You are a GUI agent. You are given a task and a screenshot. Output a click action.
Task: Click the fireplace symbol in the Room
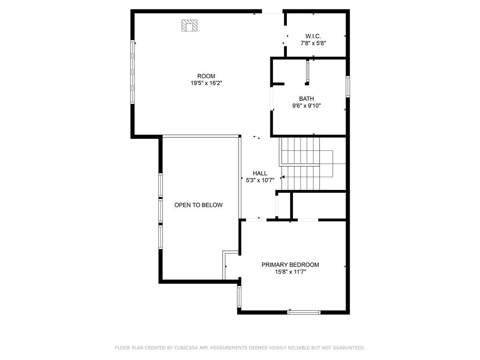click(189, 25)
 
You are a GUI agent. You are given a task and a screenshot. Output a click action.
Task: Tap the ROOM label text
click(206, 76)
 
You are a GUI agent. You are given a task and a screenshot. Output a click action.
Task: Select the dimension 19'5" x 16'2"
click(206, 83)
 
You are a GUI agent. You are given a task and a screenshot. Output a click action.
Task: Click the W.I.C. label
click(313, 36)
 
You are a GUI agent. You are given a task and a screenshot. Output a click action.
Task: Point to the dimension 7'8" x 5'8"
click(313, 43)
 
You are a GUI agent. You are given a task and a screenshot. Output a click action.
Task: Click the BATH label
click(307, 99)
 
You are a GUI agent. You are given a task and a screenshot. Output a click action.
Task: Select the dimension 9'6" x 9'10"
click(307, 106)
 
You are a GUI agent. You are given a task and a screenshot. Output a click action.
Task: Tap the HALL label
click(260, 173)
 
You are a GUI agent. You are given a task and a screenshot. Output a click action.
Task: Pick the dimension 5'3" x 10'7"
click(260, 180)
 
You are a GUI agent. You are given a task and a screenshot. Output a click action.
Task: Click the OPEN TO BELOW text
click(198, 205)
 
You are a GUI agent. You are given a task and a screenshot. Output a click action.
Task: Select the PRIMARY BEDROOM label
click(290, 265)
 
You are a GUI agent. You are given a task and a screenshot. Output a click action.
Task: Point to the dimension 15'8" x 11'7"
click(290, 272)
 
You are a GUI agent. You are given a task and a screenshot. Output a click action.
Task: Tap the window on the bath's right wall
click(348, 87)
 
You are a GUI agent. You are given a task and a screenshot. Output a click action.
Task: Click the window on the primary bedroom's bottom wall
click(304, 312)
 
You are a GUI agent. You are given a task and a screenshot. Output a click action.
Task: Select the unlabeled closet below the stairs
click(319, 205)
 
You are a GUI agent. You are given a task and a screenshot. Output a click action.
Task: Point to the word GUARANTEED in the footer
click(348, 348)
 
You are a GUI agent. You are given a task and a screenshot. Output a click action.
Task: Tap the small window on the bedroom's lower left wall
click(239, 296)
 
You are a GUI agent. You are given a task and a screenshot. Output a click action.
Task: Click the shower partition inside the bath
click(307, 72)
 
